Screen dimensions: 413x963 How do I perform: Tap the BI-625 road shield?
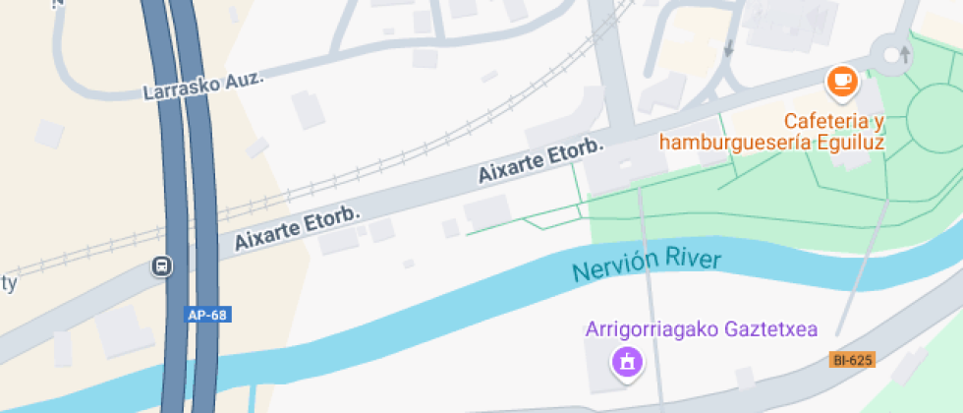[x=852, y=360]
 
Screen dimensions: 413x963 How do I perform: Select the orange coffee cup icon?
[x=842, y=82]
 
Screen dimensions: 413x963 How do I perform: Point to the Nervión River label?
[x=647, y=265]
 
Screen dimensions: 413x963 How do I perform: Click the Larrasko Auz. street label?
[x=203, y=86]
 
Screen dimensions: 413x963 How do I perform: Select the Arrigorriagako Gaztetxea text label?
[x=702, y=329]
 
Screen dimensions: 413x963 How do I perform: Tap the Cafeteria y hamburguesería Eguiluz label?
[x=772, y=132]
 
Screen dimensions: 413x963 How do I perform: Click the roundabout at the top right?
[x=895, y=55]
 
